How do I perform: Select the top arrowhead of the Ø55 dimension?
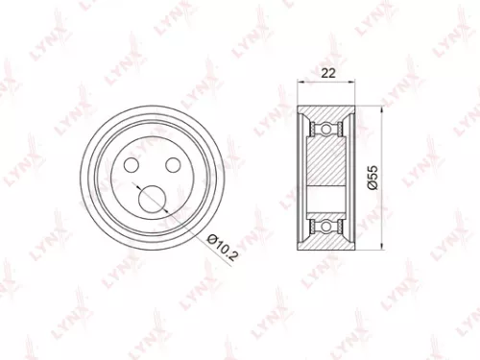pos(382,108)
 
